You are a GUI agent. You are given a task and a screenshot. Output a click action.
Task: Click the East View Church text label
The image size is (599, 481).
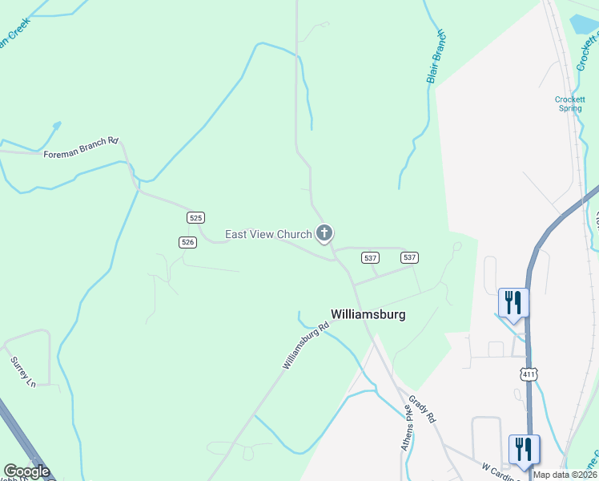click(267, 234)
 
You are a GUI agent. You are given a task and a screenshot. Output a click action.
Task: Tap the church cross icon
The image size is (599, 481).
click(324, 233)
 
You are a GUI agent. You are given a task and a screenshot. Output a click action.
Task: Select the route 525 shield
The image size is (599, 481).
click(196, 217)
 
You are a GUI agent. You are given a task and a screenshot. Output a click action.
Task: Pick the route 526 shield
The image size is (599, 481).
click(187, 241)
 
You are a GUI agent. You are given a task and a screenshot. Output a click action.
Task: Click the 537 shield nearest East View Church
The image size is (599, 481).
click(370, 257)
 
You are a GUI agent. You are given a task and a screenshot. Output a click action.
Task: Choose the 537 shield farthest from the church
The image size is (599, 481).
click(409, 257)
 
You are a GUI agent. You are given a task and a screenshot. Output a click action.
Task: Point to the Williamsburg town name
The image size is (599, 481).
click(368, 315)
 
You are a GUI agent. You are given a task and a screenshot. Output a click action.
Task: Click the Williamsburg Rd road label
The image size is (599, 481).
click(306, 346)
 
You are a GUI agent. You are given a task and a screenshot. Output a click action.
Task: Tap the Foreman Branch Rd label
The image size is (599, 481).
click(81, 147)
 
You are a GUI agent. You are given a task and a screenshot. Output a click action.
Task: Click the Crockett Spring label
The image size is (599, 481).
click(569, 104)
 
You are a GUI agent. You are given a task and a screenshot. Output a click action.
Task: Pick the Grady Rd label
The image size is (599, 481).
click(421, 406)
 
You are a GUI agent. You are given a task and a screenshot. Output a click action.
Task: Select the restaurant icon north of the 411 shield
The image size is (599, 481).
click(513, 303)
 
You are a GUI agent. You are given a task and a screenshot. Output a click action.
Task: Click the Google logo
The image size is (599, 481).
click(26, 471)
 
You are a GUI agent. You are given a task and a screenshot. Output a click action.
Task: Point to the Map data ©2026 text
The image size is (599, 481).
click(565, 475)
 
